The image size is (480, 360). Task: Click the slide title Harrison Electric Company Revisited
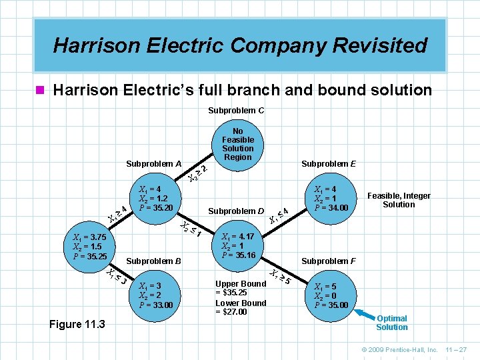point(240,45)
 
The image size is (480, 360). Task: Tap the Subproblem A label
point(154,163)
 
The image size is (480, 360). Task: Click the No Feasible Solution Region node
point(238,144)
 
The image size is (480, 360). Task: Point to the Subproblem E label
point(329,163)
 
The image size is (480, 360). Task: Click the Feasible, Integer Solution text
point(399,200)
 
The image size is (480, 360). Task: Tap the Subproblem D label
point(237,211)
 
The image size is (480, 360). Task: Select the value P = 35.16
point(238,255)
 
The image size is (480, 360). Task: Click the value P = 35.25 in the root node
point(90,256)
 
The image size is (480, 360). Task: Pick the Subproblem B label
point(154,261)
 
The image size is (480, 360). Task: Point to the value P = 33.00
point(155,305)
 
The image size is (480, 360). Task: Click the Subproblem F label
point(329,261)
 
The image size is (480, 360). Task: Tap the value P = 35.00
point(331,305)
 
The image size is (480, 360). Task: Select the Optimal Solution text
point(392,323)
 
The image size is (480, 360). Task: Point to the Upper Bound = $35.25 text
point(241,288)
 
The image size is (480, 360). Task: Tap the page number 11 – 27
point(457,349)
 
